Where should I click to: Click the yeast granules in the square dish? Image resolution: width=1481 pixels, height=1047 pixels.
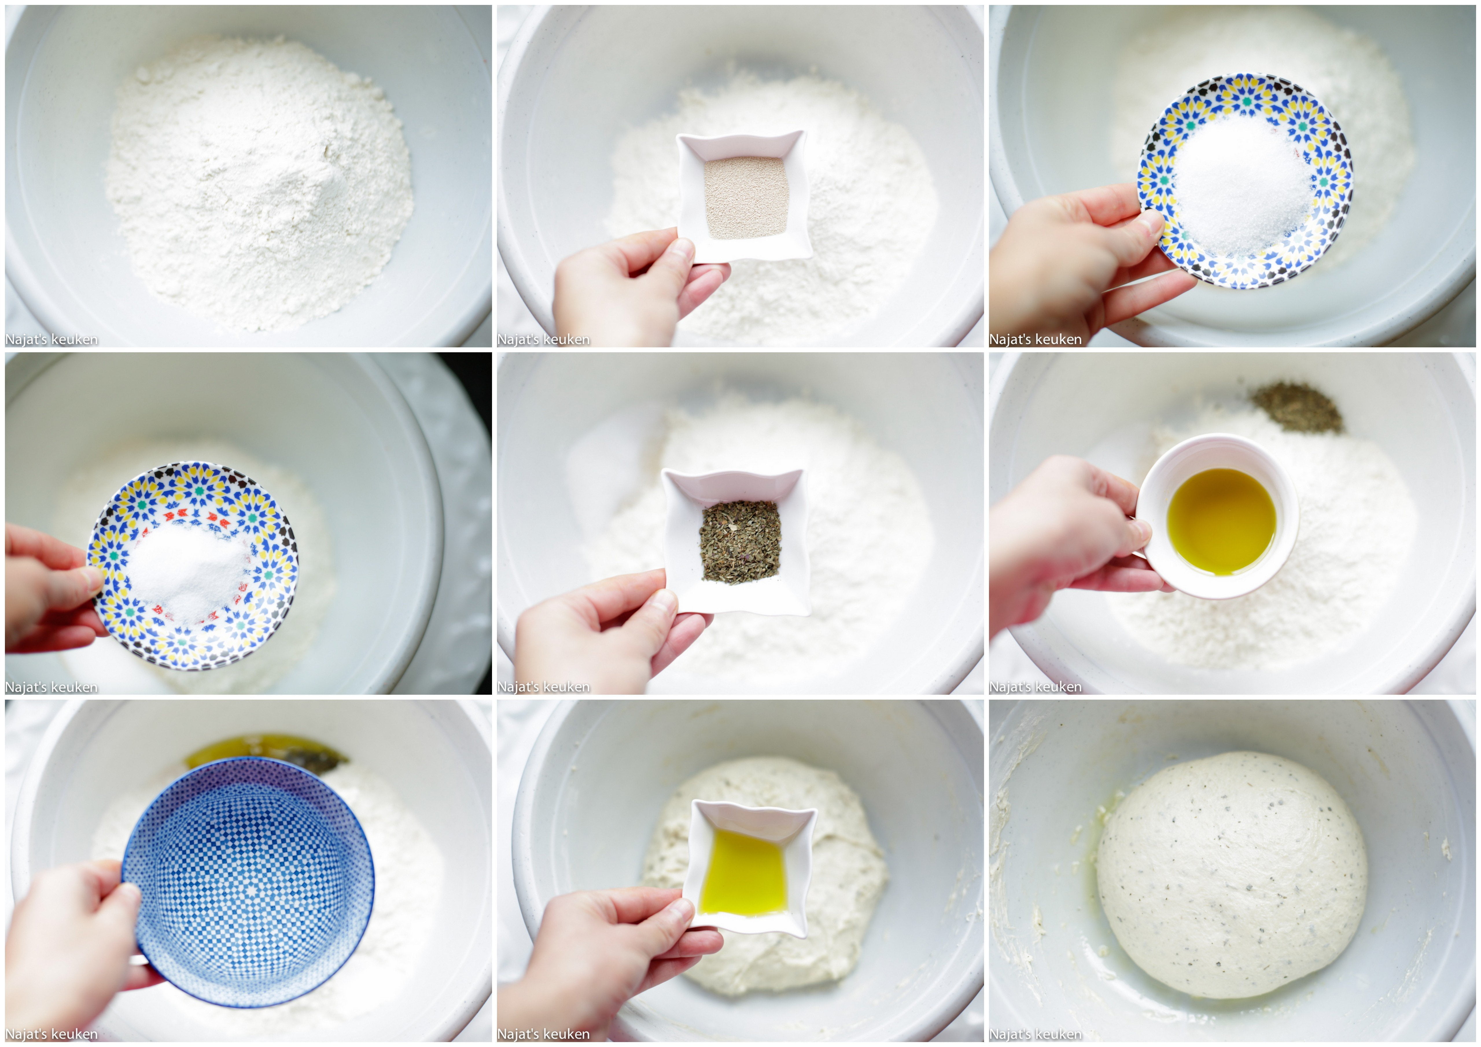coord(746,198)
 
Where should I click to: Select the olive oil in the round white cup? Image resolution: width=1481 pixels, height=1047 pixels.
coord(1221,521)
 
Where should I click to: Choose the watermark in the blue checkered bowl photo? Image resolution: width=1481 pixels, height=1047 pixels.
coord(51,1034)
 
